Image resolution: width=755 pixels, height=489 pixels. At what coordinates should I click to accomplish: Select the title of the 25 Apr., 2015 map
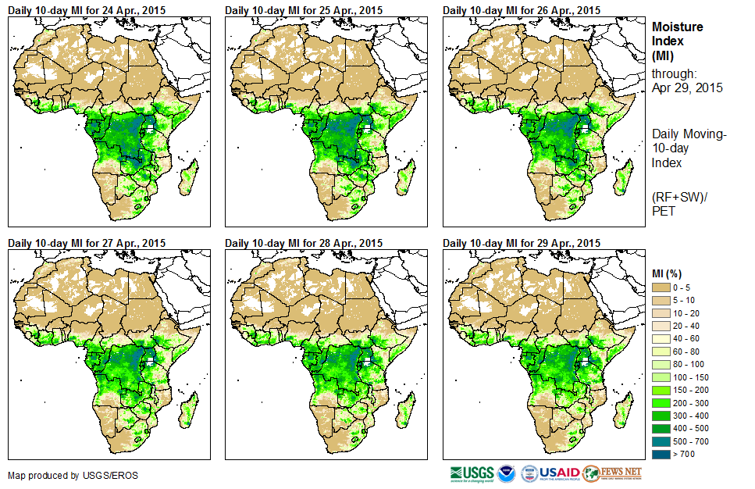tap(304, 10)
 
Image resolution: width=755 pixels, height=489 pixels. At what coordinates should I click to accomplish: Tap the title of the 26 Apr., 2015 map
tap(522, 10)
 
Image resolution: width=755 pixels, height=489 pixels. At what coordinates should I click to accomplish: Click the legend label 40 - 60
tap(688, 339)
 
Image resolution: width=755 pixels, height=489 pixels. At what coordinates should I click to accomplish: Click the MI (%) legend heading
tap(670, 273)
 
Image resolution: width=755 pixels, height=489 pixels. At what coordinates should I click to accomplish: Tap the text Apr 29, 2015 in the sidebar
tap(687, 87)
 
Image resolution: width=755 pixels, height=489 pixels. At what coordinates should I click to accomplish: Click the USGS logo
tap(472, 473)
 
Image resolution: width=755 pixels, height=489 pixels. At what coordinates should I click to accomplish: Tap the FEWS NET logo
tap(613, 473)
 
